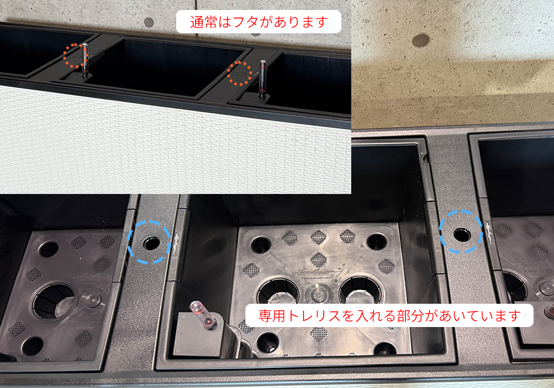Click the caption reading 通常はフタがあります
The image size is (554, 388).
click(259, 22)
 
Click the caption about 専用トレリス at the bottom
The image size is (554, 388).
click(389, 315)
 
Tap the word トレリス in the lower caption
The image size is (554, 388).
click(314, 315)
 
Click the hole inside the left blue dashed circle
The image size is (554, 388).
click(151, 243)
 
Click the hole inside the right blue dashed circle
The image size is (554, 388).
click(462, 234)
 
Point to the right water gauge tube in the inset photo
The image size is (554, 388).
click(263, 79)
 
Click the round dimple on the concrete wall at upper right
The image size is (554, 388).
click(421, 40)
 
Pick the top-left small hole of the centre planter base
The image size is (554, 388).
click(260, 244)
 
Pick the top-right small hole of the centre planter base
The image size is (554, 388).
click(377, 241)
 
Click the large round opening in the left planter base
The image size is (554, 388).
click(53, 300)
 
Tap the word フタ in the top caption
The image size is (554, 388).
click(246, 22)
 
